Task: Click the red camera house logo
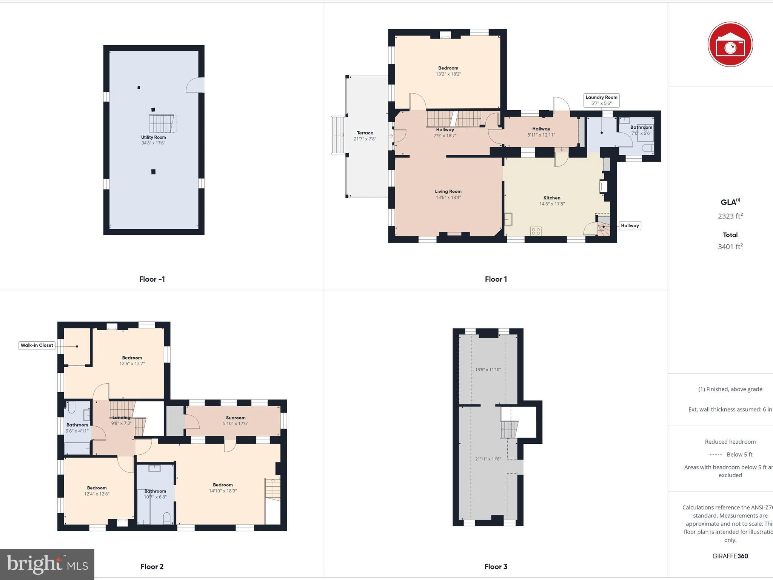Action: click(730, 45)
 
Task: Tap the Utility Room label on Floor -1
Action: click(153, 137)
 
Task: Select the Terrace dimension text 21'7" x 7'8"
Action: click(365, 139)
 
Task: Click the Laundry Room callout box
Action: click(601, 100)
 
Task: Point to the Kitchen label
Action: click(551, 198)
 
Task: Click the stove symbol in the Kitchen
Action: click(536, 231)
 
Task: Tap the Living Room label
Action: click(448, 191)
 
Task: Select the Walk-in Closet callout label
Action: click(37, 345)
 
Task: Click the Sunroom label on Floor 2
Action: click(236, 418)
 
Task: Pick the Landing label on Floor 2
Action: click(121, 417)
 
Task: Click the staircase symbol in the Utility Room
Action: click(163, 123)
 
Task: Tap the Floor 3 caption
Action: click(496, 566)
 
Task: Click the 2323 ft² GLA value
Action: click(730, 216)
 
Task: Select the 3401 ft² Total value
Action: click(730, 247)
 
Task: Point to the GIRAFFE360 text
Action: click(730, 556)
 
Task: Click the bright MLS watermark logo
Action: click(47, 565)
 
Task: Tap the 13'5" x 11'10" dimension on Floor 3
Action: click(488, 370)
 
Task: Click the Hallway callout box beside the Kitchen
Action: click(630, 225)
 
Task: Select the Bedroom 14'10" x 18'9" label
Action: click(223, 488)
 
